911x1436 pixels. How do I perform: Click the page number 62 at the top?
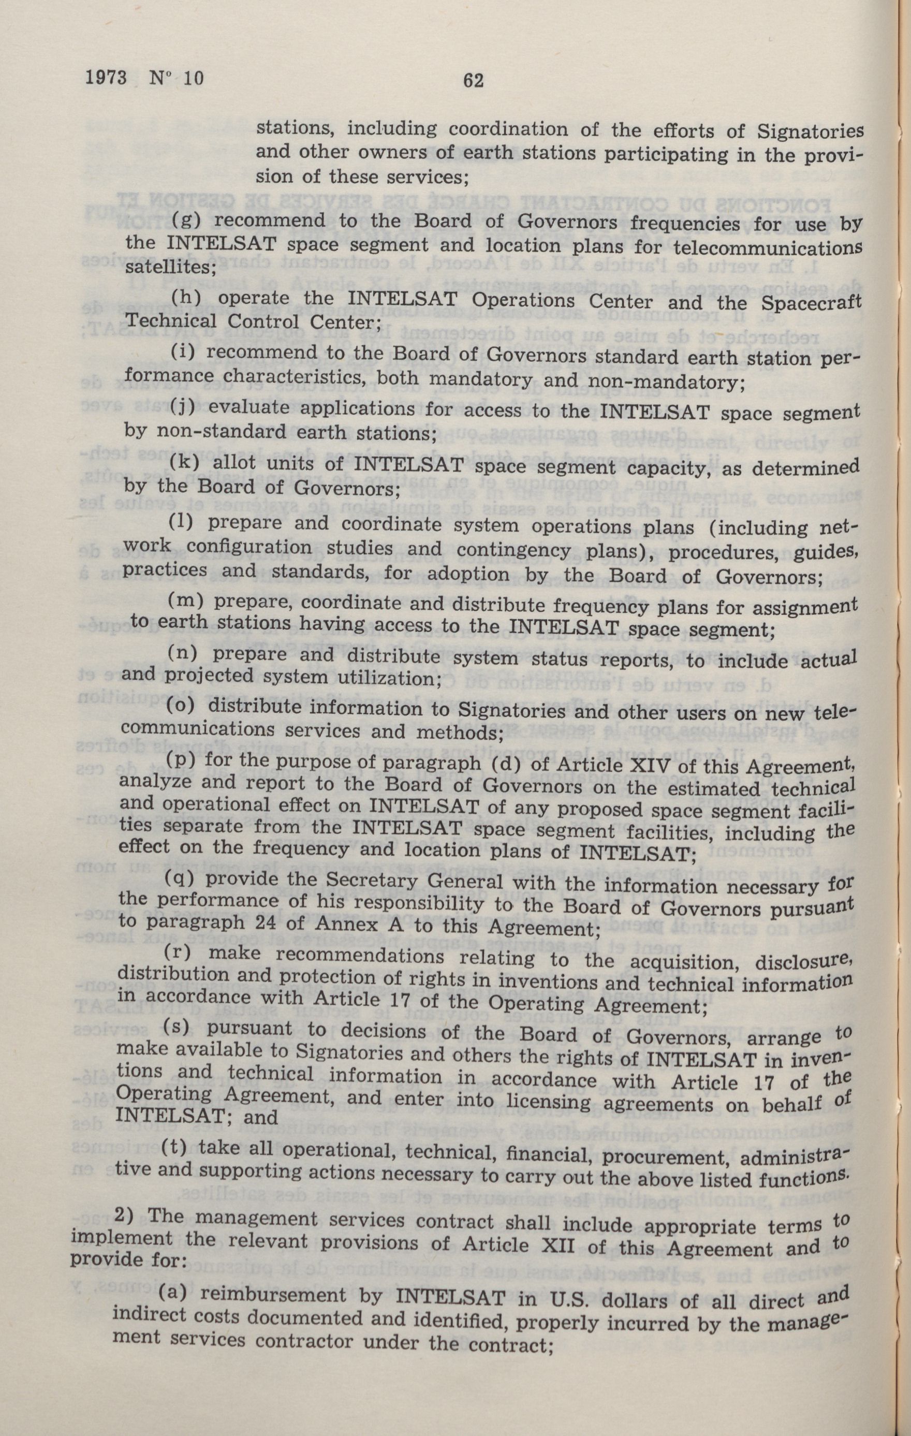point(472,80)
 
